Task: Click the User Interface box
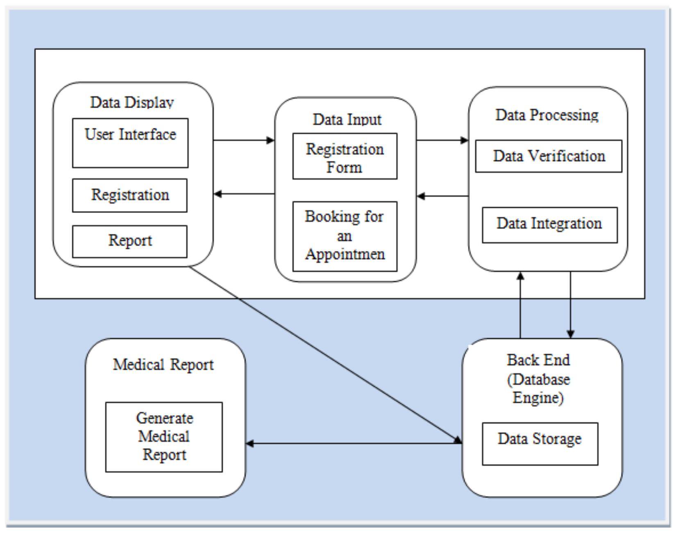coord(130,143)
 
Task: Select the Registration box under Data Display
coord(130,195)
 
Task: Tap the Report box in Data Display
coord(130,241)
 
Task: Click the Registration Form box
coord(344,156)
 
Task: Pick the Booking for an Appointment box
coord(344,236)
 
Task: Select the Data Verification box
coord(548,156)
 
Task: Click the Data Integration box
coord(549,225)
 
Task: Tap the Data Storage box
coord(539,444)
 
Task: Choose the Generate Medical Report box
coord(164,437)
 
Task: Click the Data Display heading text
coord(132,102)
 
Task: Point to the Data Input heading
coord(347,120)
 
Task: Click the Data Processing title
coord(547,115)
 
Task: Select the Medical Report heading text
coord(163,365)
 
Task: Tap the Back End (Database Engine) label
coord(538,378)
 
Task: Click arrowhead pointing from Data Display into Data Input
coord(271,140)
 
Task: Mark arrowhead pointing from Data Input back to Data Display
coord(218,194)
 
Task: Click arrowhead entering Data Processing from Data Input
coord(465,140)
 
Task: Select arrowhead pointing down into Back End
coord(571,334)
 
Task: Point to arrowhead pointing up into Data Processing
coord(520,276)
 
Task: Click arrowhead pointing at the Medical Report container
coord(249,443)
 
